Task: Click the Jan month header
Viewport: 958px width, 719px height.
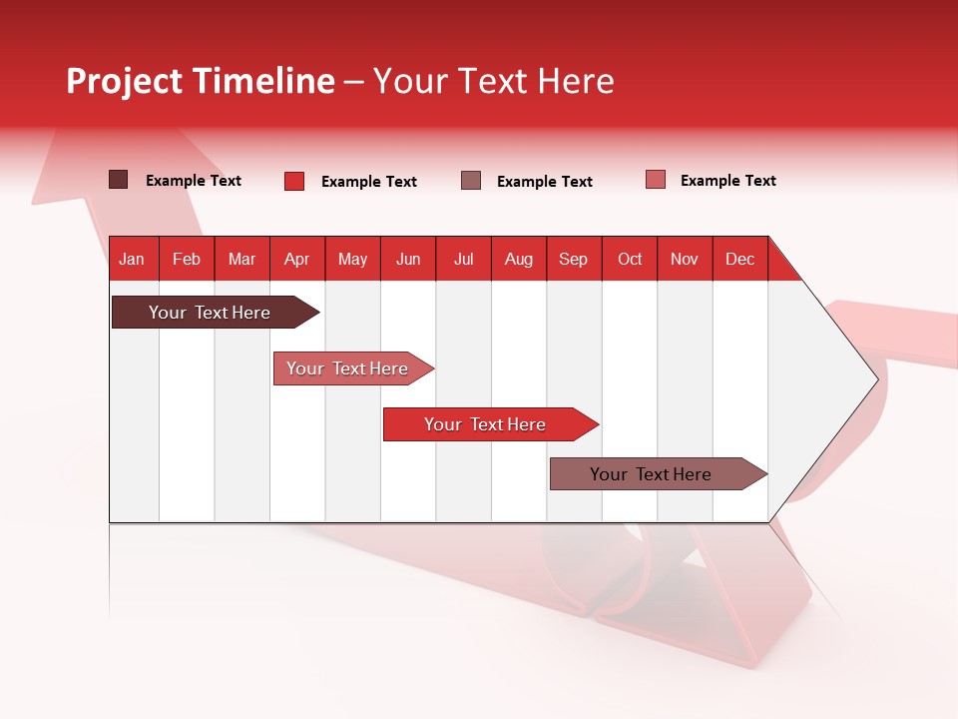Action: [x=132, y=259]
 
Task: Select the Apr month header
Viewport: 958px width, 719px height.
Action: [x=296, y=259]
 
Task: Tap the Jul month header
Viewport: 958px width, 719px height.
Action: [x=463, y=259]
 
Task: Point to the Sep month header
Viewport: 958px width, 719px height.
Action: [x=573, y=259]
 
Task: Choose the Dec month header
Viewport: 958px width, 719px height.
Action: [x=739, y=259]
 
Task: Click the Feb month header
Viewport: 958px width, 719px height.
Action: [x=187, y=259]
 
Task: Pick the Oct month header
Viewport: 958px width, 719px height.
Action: [x=630, y=259]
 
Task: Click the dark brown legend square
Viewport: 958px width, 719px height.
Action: [x=118, y=180]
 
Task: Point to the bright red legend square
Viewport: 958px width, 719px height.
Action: [x=294, y=181]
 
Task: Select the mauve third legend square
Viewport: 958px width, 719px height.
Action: [x=471, y=181]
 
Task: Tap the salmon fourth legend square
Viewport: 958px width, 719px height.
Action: [x=656, y=180]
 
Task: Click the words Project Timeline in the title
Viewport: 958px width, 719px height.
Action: [x=201, y=81]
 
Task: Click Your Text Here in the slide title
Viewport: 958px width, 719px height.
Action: [x=493, y=81]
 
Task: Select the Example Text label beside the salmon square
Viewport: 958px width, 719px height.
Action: [x=727, y=181]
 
